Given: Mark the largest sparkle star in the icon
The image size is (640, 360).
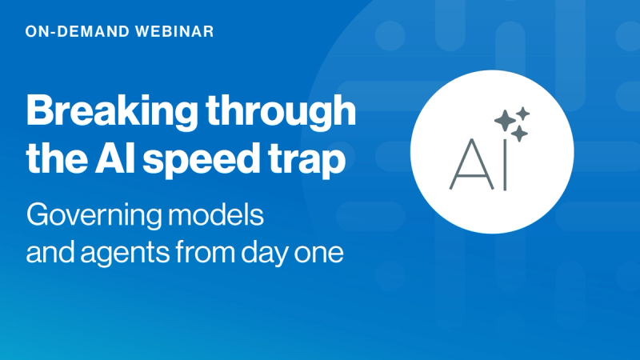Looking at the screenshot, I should tap(505, 121).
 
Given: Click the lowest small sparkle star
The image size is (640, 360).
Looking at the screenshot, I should tap(519, 134).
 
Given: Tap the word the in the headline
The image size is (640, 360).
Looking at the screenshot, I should tap(53, 158).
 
